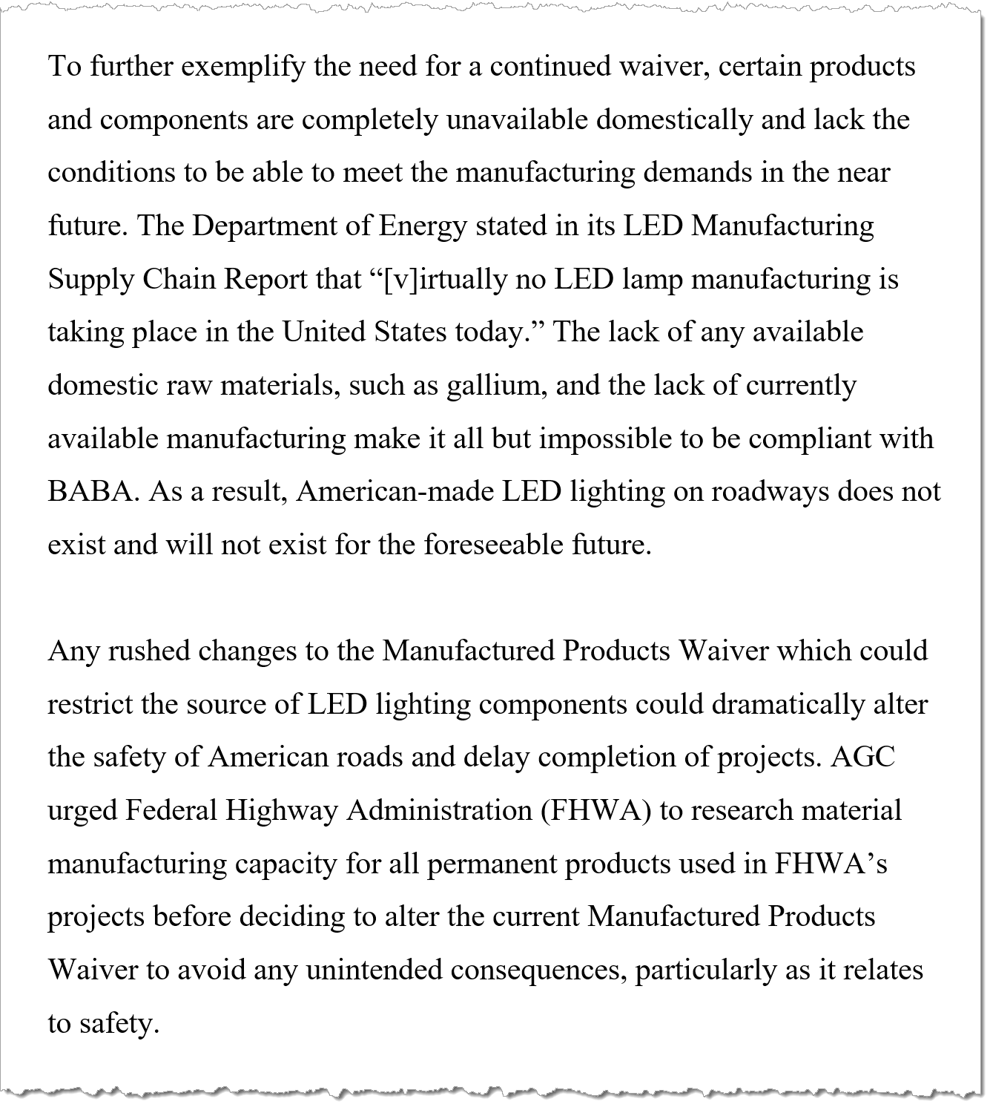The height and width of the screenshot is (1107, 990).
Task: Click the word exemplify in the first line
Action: coord(242,67)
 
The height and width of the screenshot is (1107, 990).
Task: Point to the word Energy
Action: coord(423,226)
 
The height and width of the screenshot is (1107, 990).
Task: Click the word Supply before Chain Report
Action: coord(90,280)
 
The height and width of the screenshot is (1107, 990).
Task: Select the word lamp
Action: coord(652,280)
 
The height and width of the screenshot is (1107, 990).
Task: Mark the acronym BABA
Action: coord(93,492)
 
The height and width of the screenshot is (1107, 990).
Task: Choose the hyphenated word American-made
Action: coord(395,492)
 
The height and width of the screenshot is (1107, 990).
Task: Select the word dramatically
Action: coord(788,704)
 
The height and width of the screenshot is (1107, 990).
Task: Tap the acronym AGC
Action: coord(863,758)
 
